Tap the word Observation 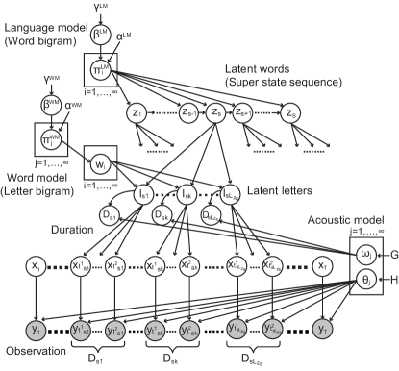point(32,353)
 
